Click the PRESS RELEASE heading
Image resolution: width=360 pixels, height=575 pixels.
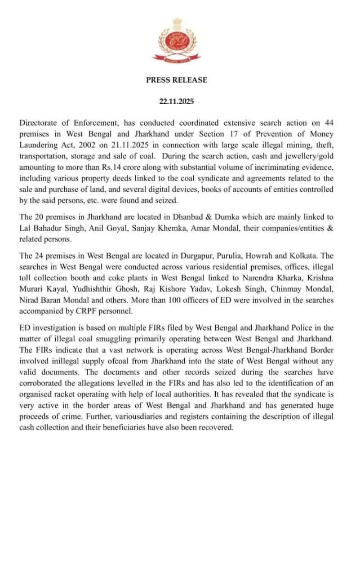[177, 80]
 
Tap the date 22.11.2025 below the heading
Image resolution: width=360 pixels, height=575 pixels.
[177, 102]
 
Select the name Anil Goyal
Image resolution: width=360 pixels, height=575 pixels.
[104, 228]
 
